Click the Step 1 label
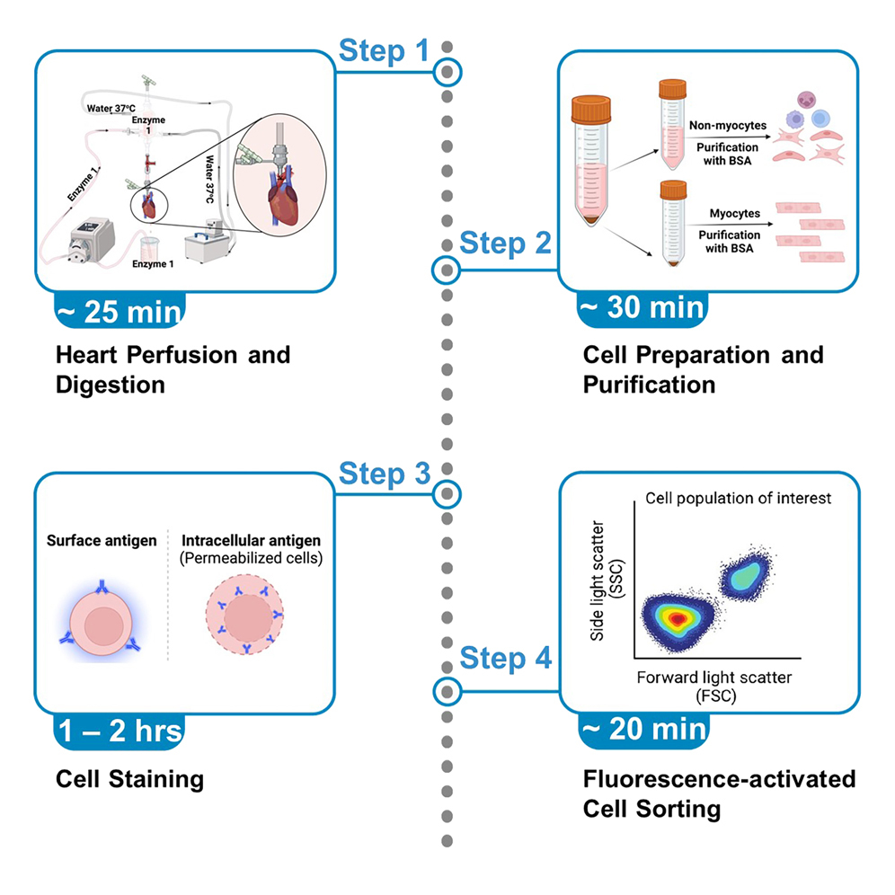[384, 51]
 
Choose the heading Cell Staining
[129, 777]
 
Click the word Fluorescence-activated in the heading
[719, 777]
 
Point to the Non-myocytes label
[722, 128]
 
